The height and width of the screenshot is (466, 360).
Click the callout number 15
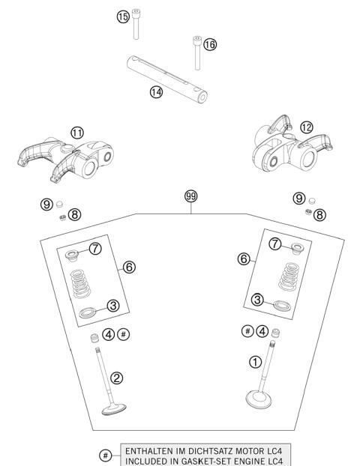[x=123, y=16]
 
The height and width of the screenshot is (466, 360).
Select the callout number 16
[x=209, y=45]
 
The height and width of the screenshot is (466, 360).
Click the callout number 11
[x=77, y=132]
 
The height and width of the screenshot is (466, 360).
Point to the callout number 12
[x=284, y=127]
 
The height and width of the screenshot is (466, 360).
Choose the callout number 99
[x=191, y=196]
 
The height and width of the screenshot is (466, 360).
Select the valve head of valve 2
[x=115, y=409]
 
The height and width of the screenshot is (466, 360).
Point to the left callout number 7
[x=94, y=249]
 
